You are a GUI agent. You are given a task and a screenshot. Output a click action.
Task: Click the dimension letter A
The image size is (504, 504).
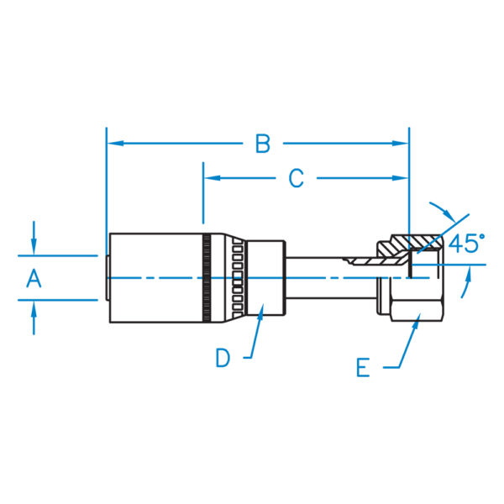pyautogui.click(x=34, y=278)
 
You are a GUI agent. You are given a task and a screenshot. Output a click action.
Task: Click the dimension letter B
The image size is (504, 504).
pyautogui.click(x=263, y=144)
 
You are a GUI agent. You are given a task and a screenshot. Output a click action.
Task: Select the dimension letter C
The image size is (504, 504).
pyautogui.click(x=296, y=178)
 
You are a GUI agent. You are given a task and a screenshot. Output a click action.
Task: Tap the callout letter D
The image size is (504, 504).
pyautogui.click(x=223, y=358)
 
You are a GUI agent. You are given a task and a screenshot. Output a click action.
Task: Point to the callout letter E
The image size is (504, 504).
pyautogui.click(x=363, y=367)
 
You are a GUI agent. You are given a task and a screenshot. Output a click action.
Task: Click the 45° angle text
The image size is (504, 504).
pyautogui.click(x=466, y=243)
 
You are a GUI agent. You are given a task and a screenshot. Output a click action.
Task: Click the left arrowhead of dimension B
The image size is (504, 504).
pyautogui.click(x=115, y=144)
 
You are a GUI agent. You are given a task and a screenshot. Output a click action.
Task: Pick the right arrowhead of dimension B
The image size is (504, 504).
pyautogui.click(x=400, y=144)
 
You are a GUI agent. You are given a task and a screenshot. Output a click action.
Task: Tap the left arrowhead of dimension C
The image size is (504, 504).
pyautogui.click(x=213, y=178)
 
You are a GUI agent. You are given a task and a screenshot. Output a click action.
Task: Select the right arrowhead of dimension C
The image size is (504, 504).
pyautogui.click(x=400, y=178)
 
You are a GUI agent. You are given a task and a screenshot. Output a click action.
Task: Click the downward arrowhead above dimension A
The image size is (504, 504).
pyautogui.click(x=34, y=247)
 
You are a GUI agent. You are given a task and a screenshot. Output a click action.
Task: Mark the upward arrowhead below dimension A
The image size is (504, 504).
pyautogui.click(x=34, y=309)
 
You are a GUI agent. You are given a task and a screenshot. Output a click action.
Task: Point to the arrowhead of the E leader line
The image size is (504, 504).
pyautogui.click(x=417, y=321)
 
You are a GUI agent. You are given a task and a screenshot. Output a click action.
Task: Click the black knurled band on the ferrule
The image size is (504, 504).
pyautogui.click(x=207, y=278)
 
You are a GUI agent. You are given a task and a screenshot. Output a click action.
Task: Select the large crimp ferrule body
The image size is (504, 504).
pyautogui.click(x=156, y=278)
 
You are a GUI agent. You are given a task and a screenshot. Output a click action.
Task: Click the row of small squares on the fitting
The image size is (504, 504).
pyautogui.click(x=238, y=278)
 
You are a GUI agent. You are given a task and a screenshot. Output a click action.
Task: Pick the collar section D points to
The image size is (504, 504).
pyautogui.click(x=265, y=278)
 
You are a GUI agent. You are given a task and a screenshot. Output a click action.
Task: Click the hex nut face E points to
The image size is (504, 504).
pyautogui.click(x=417, y=310)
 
